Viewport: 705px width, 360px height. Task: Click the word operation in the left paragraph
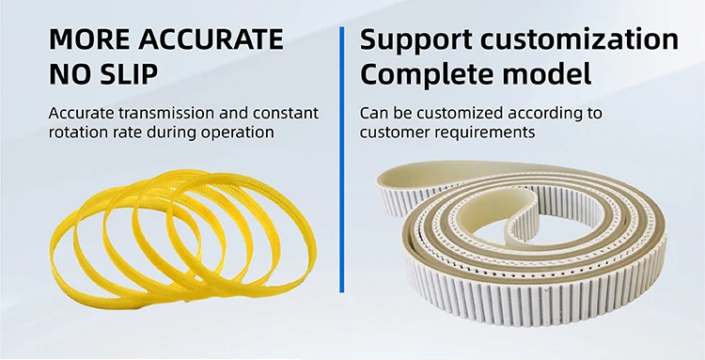pyautogui.click(x=239, y=133)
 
